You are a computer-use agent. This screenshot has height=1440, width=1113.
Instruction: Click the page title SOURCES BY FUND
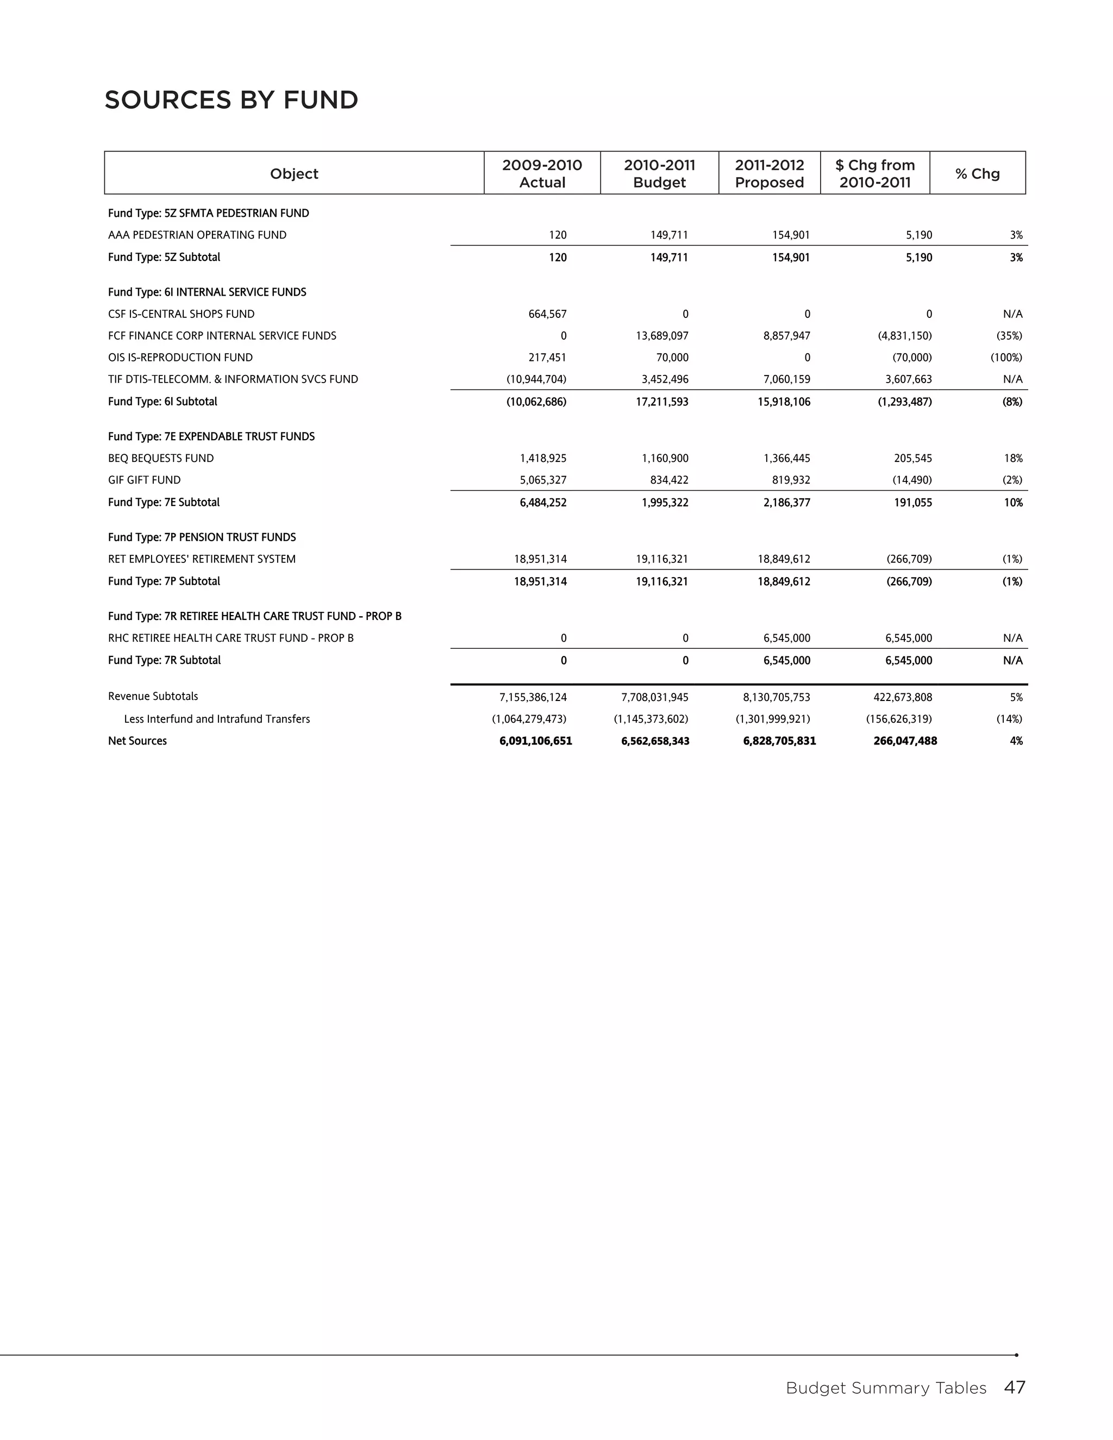pyautogui.click(x=231, y=100)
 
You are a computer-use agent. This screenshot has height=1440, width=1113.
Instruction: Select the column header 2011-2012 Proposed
pyautogui.click(x=769, y=173)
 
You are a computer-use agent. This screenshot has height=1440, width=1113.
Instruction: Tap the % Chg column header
pyautogui.click(x=977, y=173)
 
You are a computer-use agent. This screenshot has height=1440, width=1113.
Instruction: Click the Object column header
pyautogui.click(x=294, y=173)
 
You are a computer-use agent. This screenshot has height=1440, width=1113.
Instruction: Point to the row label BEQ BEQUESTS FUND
pyautogui.click(x=161, y=458)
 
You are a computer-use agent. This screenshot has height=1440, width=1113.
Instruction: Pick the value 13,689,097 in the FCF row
pyautogui.click(x=662, y=336)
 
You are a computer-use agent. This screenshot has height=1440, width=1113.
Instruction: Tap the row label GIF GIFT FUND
pyautogui.click(x=145, y=480)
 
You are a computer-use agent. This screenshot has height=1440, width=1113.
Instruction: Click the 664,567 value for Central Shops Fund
pyautogui.click(x=547, y=314)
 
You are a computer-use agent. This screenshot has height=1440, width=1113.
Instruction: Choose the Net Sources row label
pyautogui.click(x=137, y=741)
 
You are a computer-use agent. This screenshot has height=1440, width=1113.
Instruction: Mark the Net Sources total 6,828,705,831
pyautogui.click(x=779, y=741)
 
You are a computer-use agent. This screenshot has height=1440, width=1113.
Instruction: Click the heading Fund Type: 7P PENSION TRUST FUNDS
pyautogui.click(x=202, y=537)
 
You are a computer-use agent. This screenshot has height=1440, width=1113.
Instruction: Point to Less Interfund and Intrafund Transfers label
pyautogui.click(x=217, y=719)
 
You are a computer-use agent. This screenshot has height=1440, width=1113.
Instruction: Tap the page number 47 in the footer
pyautogui.click(x=1014, y=1388)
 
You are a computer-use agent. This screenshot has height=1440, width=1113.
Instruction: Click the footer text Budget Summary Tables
pyautogui.click(x=885, y=1388)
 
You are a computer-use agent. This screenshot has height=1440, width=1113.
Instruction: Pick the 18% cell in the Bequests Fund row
pyautogui.click(x=1014, y=458)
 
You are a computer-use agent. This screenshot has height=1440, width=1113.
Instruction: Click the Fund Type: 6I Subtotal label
pyautogui.click(x=162, y=402)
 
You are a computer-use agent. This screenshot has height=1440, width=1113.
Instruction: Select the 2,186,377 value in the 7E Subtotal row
pyautogui.click(x=786, y=503)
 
